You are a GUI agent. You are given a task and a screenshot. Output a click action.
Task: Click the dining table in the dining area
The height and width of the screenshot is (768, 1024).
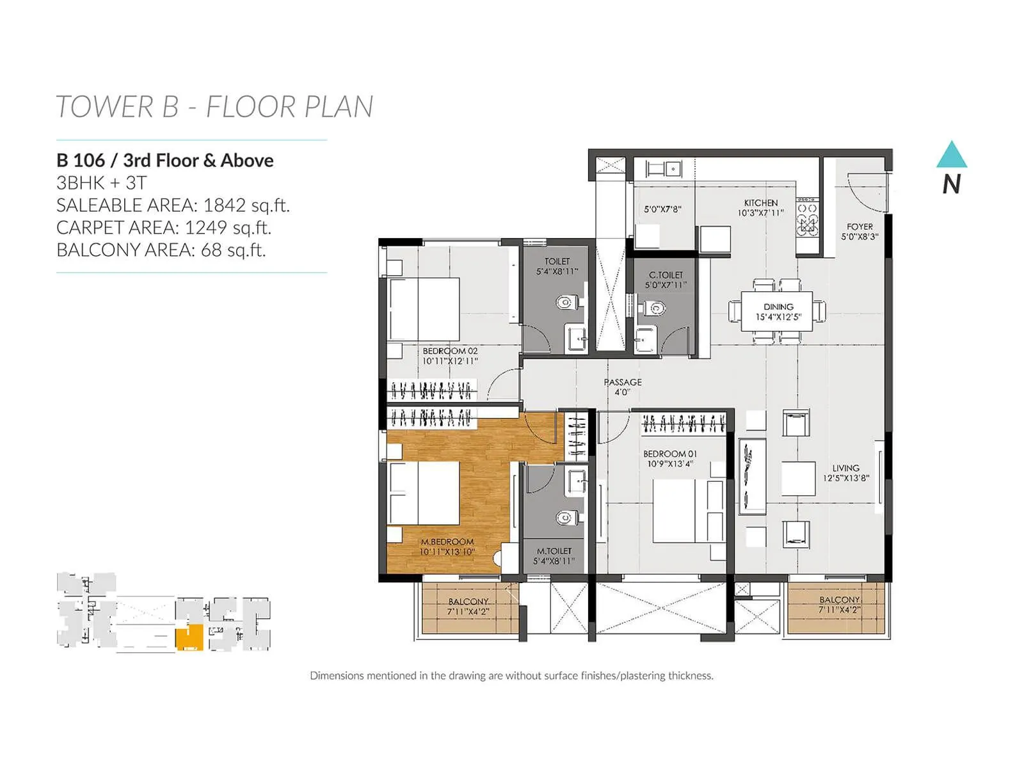(778, 311)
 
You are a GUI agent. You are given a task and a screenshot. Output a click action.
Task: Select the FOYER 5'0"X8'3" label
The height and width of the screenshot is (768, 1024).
(860, 231)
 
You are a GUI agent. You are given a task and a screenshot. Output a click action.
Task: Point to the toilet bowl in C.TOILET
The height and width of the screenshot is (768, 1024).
(655, 308)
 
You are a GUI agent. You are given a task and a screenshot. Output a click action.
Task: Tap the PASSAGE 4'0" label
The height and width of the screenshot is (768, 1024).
(623, 387)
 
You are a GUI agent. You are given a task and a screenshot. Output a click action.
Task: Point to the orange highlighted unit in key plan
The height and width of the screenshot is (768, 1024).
(189, 638)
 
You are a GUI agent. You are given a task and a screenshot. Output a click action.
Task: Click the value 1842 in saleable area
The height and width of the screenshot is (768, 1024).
(225, 205)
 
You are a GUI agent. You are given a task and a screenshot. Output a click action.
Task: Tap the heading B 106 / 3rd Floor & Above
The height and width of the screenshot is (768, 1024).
(165, 161)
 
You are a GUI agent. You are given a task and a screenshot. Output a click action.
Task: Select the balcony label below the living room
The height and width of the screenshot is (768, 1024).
(839, 605)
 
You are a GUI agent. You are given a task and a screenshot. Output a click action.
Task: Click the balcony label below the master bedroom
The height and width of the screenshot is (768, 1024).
(468, 606)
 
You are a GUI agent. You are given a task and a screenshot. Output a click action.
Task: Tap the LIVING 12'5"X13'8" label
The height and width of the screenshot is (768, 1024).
(846, 473)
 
